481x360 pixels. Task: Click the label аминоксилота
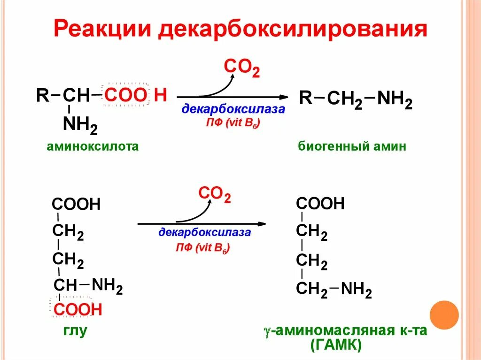(93, 146)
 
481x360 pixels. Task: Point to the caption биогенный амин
(352, 146)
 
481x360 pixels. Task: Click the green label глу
(75, 331)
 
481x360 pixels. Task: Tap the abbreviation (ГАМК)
(336, 346)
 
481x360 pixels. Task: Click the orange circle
(444, 314)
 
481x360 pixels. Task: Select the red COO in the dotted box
(125, 95)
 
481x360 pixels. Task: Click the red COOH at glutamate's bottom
(78, 309)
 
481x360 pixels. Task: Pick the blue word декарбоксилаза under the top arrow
(233, 110)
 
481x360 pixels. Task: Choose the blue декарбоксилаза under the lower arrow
(204, 232)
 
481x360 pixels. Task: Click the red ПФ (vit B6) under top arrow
(233, 123)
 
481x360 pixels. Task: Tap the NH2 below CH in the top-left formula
(80, 125)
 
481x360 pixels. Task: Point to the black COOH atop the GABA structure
(320, 204)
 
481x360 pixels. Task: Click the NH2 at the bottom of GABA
(356, 291)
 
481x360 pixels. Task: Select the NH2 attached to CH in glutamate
(107, 285)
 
